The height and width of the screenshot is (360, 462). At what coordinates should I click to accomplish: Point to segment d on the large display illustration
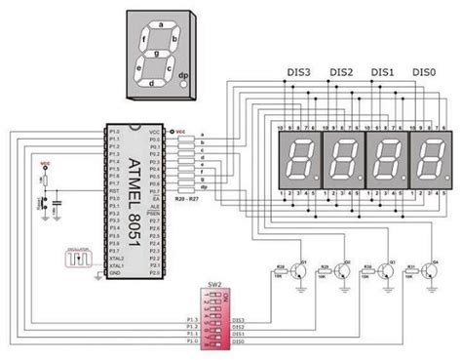click(x=151, y=83)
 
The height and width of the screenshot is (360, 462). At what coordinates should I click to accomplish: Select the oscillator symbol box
click(x=78, y=257)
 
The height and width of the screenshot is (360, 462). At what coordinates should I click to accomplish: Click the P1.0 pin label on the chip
click(x=116, y=131)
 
